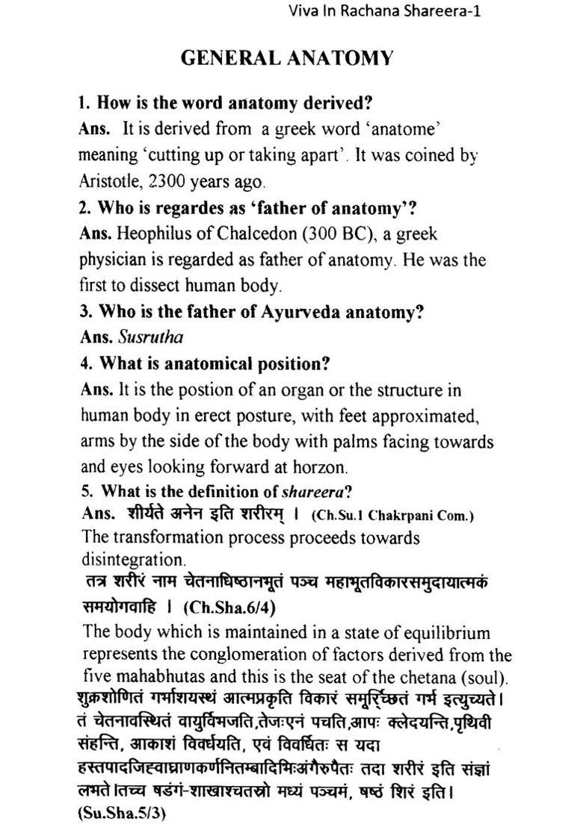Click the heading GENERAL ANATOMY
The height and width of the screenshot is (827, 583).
coord(287,59)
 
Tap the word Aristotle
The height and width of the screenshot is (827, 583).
coord(111,181)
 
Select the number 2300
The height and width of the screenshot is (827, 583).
coord(170,181)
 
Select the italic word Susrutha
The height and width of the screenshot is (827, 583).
coord(150,337)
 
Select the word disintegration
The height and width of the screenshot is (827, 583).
coord(133,559)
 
